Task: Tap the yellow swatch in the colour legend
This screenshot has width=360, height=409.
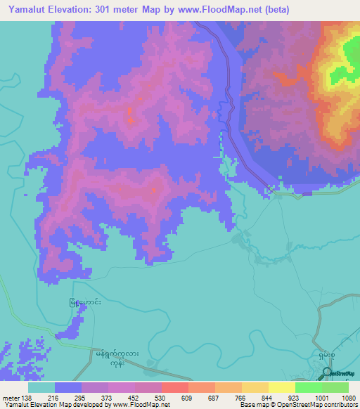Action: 282,387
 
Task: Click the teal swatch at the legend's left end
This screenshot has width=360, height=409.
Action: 41,387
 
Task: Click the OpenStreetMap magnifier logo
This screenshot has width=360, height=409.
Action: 328,372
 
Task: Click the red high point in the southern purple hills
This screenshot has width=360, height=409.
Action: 154,189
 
